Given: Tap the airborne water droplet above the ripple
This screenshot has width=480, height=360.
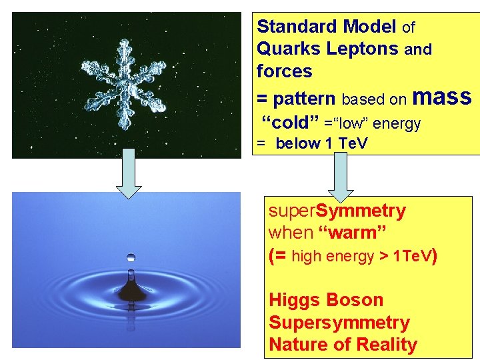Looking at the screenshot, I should pyautogui.click(x=131, y=257).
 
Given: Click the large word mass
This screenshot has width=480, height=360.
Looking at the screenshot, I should pyautogui.click(x=442, y=97).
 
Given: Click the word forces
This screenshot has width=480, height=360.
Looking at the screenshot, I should pyautogui.click(x=284, y=71).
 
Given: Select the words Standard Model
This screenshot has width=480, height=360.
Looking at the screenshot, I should pyautogui.click(x=327, y=27).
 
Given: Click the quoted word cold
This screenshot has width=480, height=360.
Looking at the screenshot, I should pyautogui.click(x=289, y=123).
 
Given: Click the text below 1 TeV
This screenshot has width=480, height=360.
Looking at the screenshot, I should pyautogui.click(x=321, y=144).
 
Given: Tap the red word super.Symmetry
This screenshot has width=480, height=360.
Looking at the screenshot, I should pyautogui.click(x=337, y=211).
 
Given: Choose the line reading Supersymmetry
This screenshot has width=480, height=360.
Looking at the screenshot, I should pyautogui.click(x=339, y=323).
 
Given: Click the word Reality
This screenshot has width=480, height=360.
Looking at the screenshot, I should pyautogui.click(x=387, y=345).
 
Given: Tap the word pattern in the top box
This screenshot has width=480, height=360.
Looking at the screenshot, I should pyautogui.click(x=303, y=99).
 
